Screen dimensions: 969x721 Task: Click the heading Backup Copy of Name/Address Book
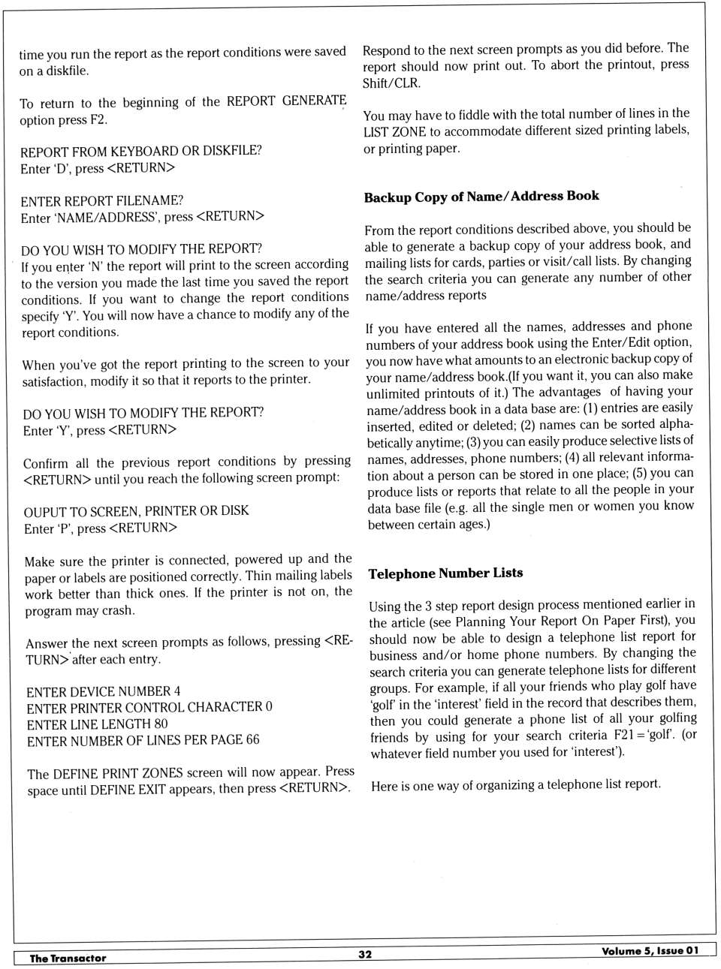[481, 197]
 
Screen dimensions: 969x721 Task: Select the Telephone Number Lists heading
[445, 573]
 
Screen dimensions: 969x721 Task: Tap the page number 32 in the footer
[364, 954]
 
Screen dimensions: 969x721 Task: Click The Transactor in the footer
[68, 958]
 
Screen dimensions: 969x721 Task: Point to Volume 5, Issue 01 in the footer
[650, 950]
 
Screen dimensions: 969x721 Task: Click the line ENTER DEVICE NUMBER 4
[103, 691]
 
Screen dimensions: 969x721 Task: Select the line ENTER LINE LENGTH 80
[97, 724]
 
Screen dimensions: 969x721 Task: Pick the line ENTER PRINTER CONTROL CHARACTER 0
[149, 707]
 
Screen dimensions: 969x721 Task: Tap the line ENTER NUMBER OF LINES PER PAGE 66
[143, 740]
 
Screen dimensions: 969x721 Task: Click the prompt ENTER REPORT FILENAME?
[101, 201]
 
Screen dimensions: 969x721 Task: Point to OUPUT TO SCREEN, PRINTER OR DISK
[136, 511]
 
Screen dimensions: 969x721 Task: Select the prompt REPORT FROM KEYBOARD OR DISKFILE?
[141, 151]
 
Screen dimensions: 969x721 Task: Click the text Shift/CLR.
[391, 83]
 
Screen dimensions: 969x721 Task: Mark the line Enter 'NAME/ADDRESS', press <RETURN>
[142, 217]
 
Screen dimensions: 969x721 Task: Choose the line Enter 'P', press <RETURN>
[101, 528]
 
